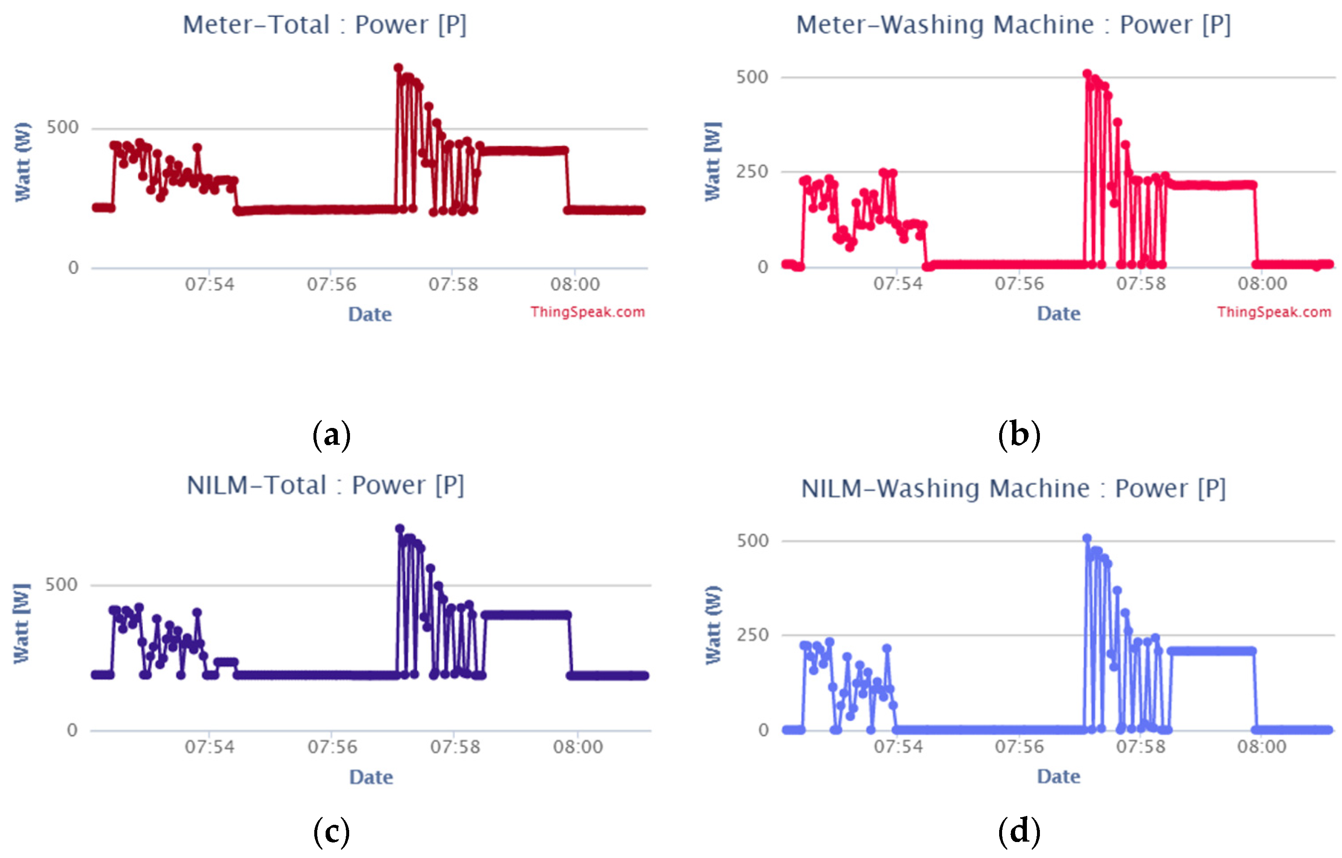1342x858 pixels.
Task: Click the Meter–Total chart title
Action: pos(324,25)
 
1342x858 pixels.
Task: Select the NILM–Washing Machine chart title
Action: pos(1013,489)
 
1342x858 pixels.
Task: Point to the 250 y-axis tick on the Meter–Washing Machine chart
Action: pos(753,172)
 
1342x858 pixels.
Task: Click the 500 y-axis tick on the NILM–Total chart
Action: pos(61,584)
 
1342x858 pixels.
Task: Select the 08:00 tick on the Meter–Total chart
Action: pos(575,284)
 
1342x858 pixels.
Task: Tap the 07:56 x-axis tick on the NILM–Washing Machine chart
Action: pos(1019,747)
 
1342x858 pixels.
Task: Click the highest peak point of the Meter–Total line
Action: pos(398,68)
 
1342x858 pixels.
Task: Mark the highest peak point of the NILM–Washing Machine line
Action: pos(1087,538)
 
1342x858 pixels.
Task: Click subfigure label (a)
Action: pos(332,434)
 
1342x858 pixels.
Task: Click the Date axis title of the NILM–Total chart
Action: pos(371,777)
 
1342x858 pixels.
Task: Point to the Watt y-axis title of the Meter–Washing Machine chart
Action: pos(713,162)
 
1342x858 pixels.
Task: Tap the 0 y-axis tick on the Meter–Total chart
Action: pos(74,268)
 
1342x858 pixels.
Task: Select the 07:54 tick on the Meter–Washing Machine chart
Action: pos(898,284)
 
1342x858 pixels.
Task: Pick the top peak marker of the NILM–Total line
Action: pos(400,528)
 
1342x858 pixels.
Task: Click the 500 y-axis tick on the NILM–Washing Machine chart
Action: pos(753,540)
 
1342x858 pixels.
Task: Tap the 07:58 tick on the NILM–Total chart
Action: pos(455,747)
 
